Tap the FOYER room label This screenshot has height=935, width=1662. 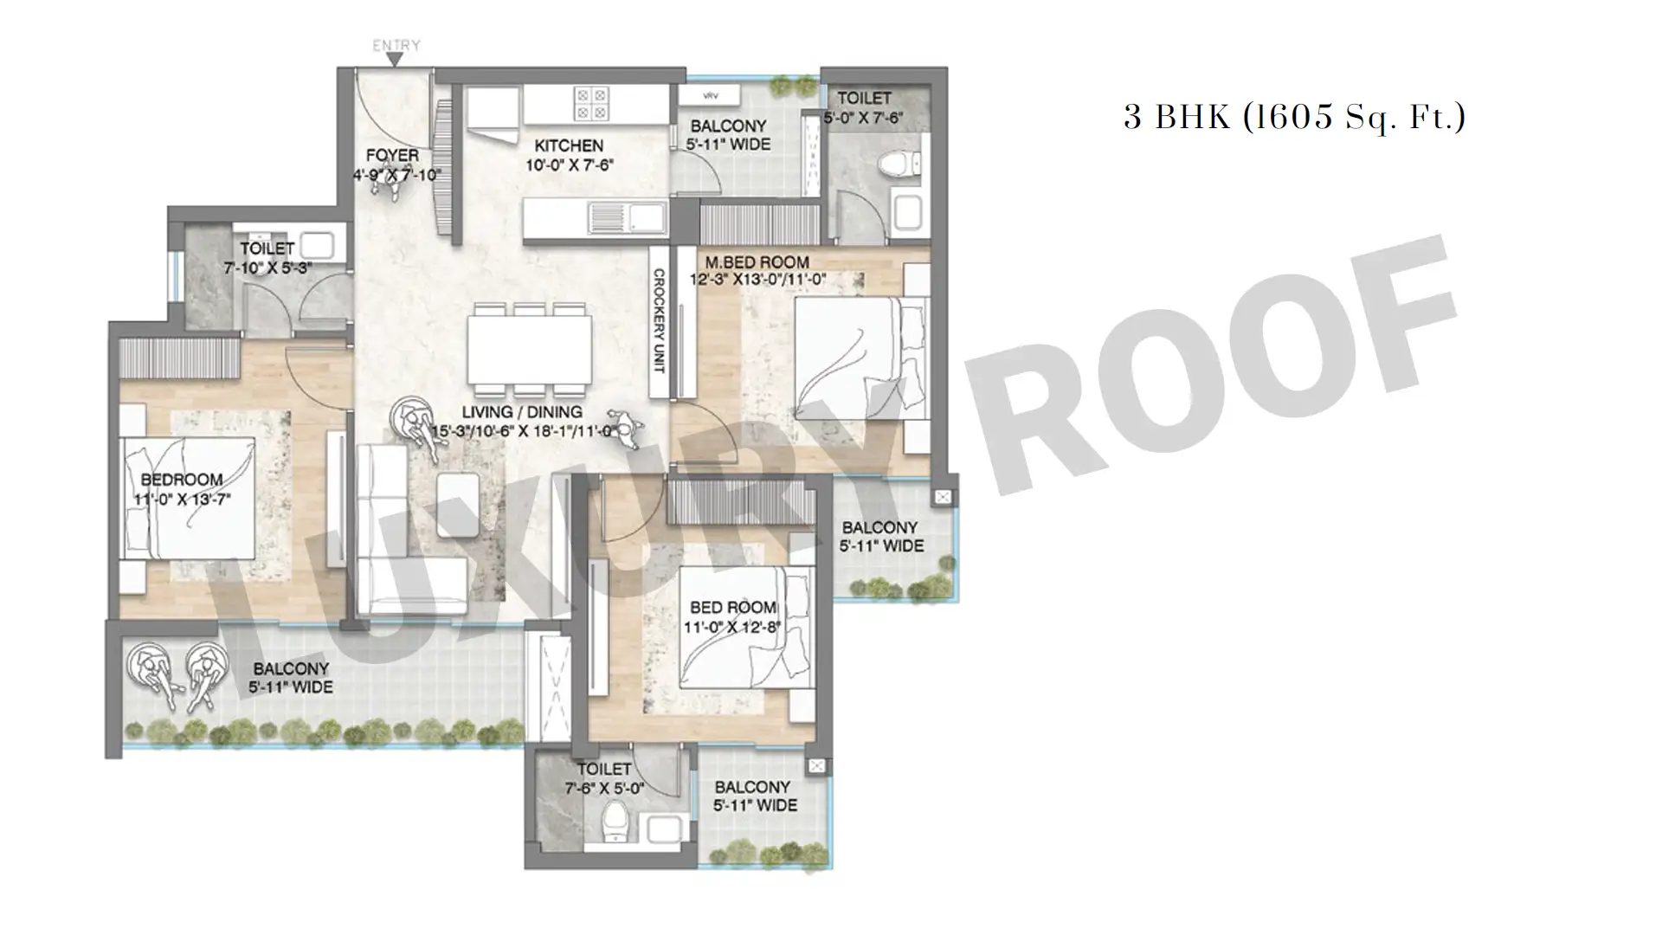coord(392,156)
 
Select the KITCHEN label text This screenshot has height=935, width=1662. coord(569,145)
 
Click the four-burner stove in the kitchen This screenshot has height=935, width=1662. coord(592,104)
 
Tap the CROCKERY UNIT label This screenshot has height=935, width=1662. coord(658,321)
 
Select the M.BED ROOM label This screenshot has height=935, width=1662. coord(757,262)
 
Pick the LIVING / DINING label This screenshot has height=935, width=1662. coord(521,412)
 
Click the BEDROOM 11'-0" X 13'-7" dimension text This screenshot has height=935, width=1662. coord(182,499)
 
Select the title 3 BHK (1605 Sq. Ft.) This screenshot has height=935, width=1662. coord(1294,116)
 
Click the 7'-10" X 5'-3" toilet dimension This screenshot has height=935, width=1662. coord(267,268)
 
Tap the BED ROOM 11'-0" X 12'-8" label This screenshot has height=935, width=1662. coord(732,617)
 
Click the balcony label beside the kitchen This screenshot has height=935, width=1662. coord(728,135)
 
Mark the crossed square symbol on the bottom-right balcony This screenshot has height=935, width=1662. coord(815,766)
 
